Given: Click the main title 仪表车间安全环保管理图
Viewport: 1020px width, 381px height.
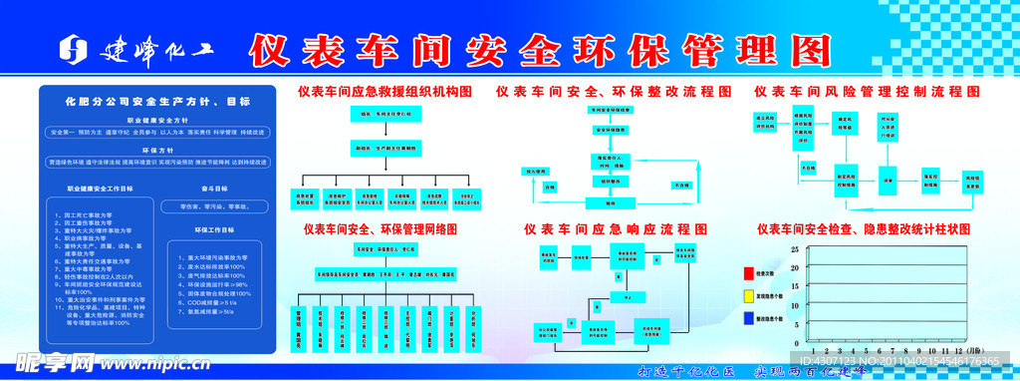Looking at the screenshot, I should (x=539, y=47).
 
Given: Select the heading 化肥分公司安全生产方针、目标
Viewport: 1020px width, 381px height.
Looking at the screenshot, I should (x=157, y=102).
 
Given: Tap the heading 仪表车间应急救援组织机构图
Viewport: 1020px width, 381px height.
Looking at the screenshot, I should (x=383, y=91).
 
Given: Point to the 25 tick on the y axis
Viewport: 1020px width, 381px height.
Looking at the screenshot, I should (x=794, y=249).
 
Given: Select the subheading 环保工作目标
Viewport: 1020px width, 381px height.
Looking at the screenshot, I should (x=215, y=229).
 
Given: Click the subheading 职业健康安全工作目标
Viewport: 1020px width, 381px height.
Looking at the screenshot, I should (x=100, y=187).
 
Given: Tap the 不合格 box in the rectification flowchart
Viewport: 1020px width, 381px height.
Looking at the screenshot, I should (x=681, y=186).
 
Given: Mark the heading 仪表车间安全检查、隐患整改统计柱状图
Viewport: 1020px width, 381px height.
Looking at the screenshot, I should (x=863, y=228).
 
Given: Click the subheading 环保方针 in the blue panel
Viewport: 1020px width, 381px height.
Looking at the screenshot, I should (x=157, y=150).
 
